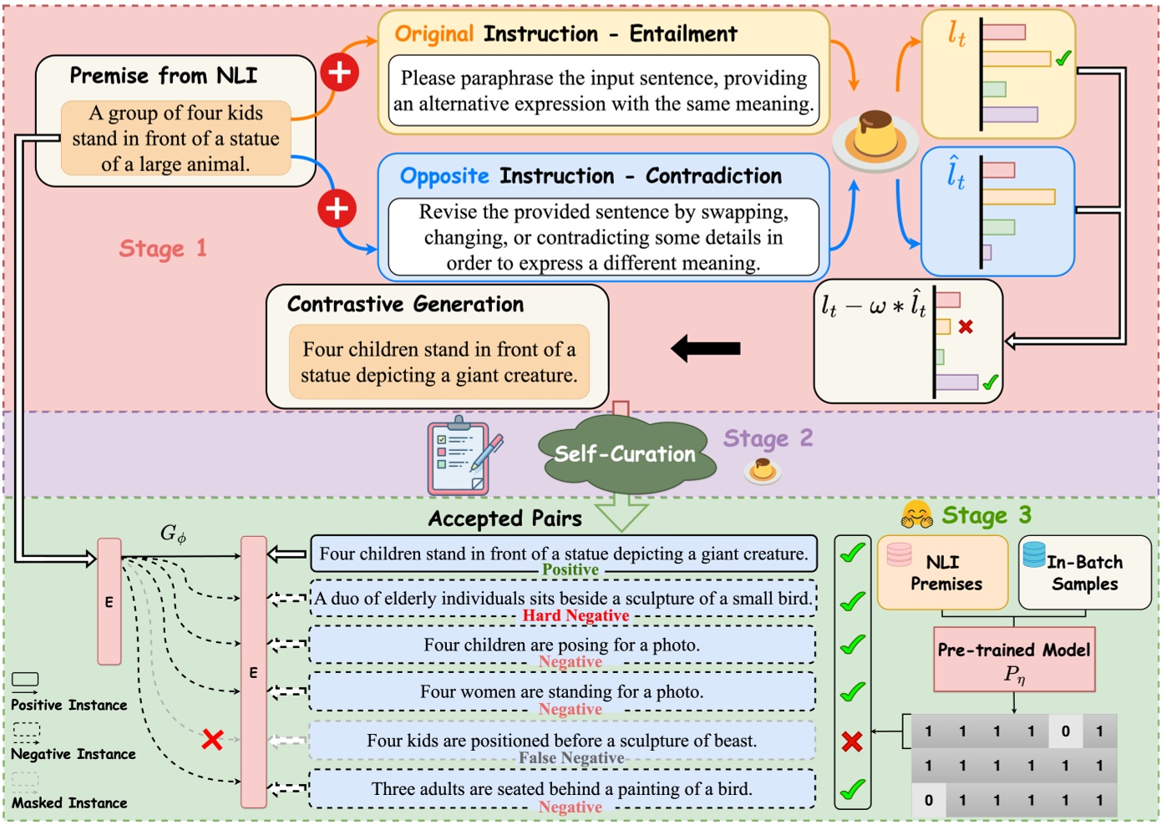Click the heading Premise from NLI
163,76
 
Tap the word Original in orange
434,34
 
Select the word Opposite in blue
444,176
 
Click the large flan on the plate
875,135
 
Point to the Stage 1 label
162,249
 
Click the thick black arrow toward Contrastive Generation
706,348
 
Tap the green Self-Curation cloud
625,454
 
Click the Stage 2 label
768,439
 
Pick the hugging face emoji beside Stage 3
916,514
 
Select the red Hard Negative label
576,616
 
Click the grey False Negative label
571,758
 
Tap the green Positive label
571,570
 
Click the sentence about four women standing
562,692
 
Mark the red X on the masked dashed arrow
212,739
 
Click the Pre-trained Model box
1013,659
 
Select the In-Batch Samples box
1084,573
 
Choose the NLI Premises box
943,573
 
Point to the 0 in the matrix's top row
1065,731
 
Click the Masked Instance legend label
69,803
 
